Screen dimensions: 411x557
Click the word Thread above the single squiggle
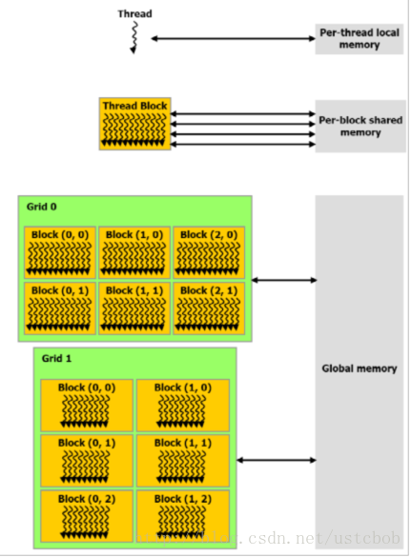(x=134, y=14)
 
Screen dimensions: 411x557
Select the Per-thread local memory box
(x=360, y=39)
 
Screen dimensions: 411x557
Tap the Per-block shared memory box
(x=360, y=126)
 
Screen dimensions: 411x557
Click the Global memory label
(x=360, y=368)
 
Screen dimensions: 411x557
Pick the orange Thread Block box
(x=134, y=124)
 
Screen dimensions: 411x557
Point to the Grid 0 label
(x=42, y=207)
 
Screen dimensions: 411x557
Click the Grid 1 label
(x=56, y=358)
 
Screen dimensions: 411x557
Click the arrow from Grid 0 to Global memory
(x=284, y=280)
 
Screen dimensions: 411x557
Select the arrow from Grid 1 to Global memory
(x=277, y=460)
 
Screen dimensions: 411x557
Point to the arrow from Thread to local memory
(x=233, y=38)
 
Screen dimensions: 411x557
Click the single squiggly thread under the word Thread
(x=134, y=37)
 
